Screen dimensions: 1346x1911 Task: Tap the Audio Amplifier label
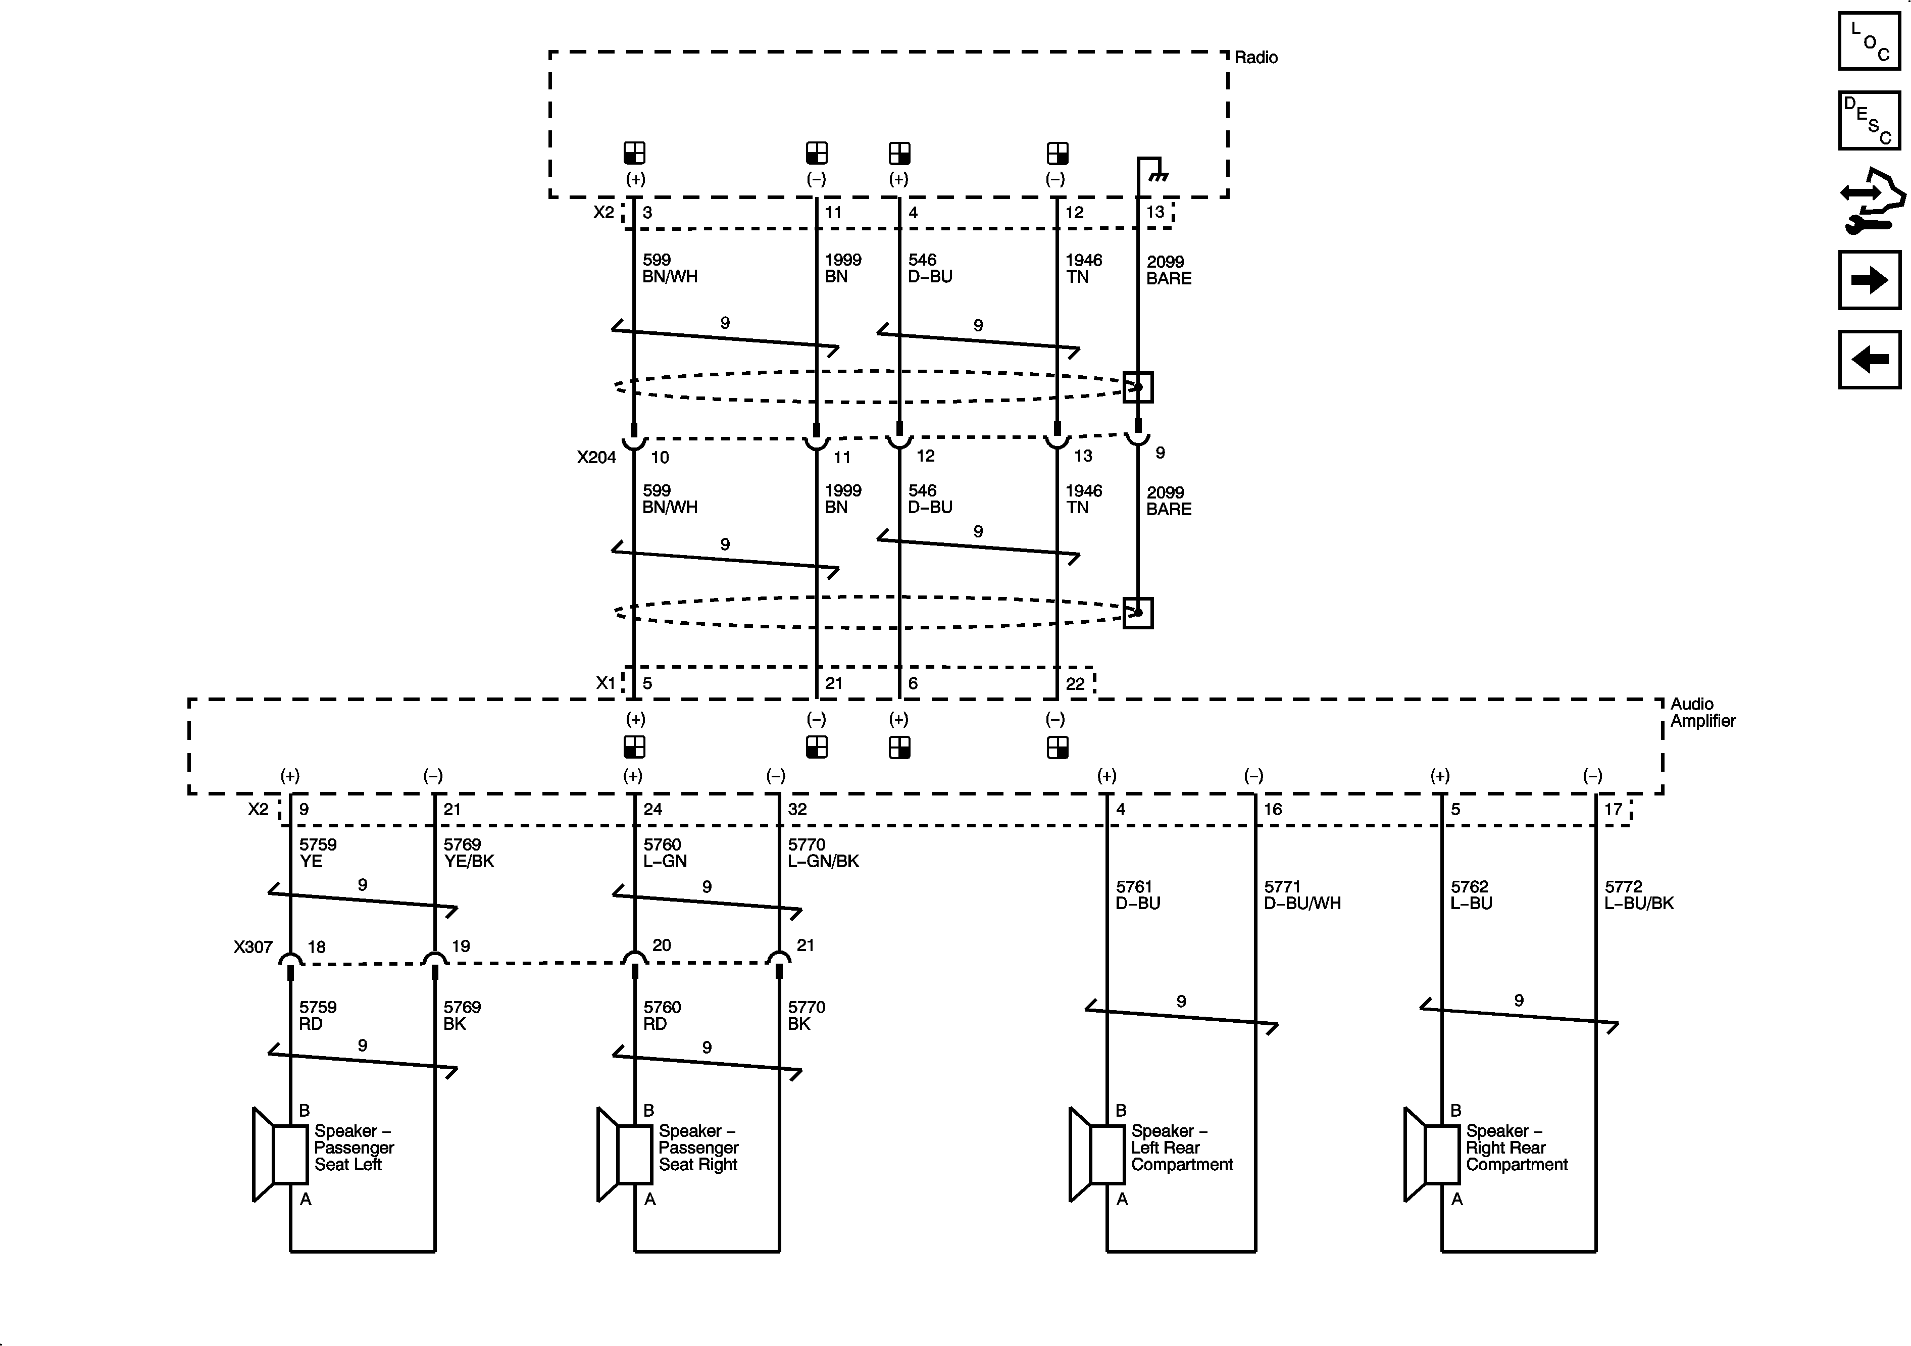[1702, 713]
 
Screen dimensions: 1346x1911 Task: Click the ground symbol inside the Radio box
[1158, 176]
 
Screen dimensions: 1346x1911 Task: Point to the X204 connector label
[596, 457]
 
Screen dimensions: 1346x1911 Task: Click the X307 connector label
[253, 946]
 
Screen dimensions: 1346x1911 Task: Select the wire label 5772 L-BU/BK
[1638, 895]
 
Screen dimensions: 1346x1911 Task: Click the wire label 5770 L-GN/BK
[822, 853]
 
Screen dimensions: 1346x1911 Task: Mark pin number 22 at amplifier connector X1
[1075, 683]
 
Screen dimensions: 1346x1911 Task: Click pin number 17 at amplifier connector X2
[1612, 809]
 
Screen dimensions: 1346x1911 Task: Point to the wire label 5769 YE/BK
[469, 853]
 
